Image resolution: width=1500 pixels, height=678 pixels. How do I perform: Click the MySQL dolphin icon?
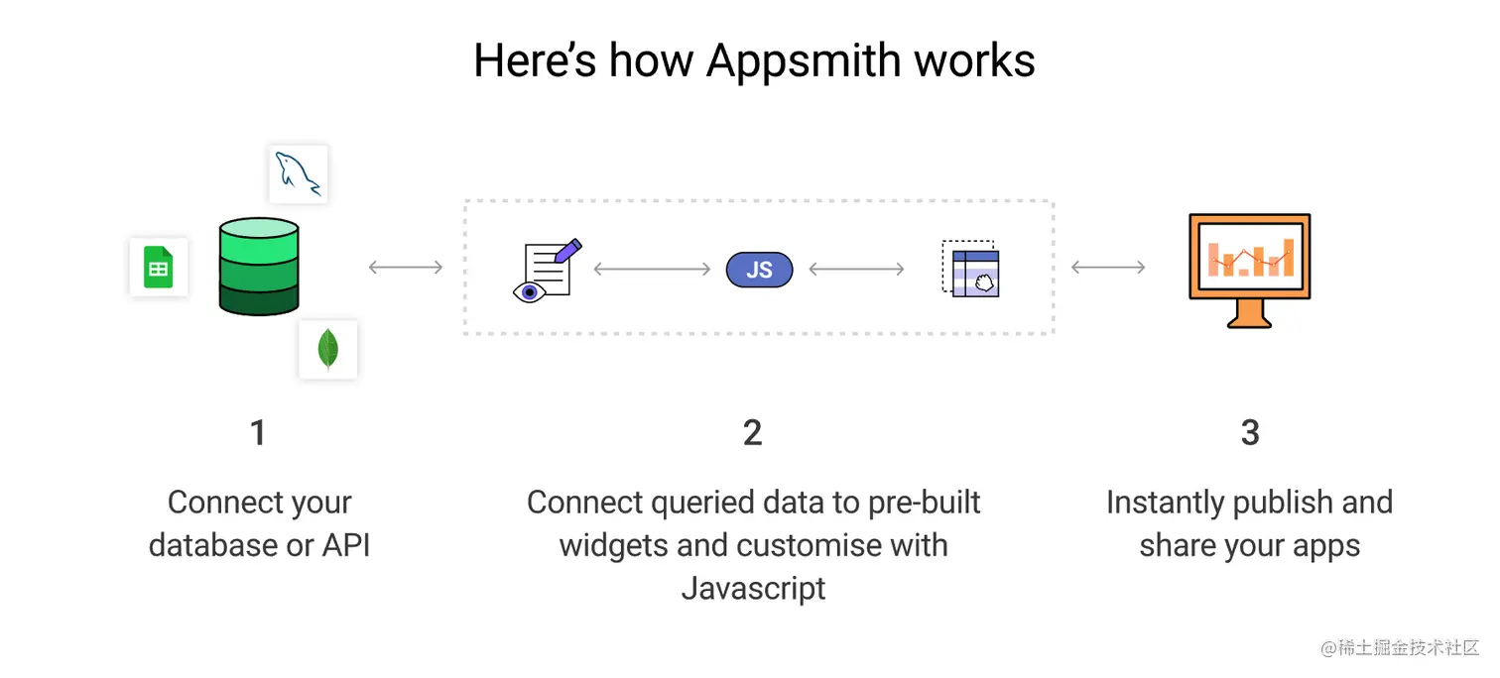[x=299, y=174]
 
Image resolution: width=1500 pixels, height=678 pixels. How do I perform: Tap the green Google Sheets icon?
[x=159, y=267]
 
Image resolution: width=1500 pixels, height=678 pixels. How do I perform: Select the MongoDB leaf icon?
[x=327, y=349]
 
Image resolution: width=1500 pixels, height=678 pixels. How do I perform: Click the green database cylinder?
[x=259, y=267]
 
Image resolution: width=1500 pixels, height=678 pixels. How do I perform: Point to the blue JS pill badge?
[x=759, y=270]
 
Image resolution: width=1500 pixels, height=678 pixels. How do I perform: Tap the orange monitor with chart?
[x=1249, y=257]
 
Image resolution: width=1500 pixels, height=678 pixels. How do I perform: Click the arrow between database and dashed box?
[x=406, y=267]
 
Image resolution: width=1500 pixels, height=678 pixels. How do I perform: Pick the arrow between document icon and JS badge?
[x=652, y=269]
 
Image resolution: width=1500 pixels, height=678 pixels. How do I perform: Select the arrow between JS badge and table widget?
[x=856, y=269]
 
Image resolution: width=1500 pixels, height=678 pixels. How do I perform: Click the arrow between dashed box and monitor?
[x=1108, y=267]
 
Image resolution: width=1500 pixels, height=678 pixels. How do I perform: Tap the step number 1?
[x=258, y=432]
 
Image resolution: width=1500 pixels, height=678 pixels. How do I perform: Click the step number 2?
[x=753, y=432]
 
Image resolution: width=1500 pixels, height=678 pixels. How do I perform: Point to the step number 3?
[x=1250, y=432]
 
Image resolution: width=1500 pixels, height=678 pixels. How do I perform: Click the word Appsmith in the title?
[x=802, y=60]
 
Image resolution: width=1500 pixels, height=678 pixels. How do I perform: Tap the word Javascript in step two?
[x=754, y=588]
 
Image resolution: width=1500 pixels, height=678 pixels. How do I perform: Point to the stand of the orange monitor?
[x=1249, y=315]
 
